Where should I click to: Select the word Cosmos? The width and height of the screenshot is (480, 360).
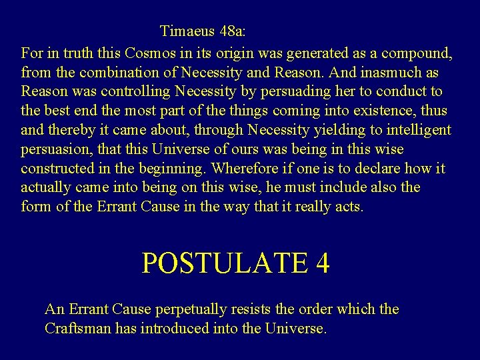133,52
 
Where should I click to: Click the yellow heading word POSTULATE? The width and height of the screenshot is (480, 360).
219,263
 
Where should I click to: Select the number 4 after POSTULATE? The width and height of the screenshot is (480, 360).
322,263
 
